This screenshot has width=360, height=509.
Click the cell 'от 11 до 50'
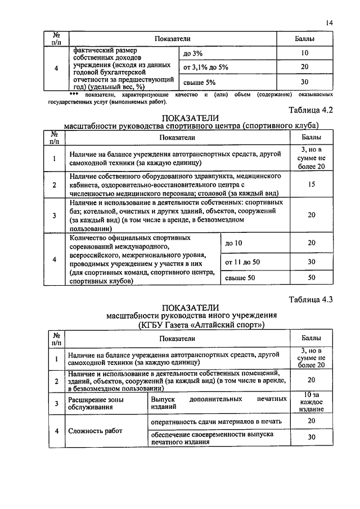click(242, 262)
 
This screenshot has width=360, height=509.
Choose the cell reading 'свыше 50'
click(240, 278)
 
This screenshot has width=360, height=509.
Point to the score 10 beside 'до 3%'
click(305, 53)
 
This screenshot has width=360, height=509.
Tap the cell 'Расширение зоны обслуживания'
click(95, 403)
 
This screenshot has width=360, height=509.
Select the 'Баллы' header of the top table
click(305, 38)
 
